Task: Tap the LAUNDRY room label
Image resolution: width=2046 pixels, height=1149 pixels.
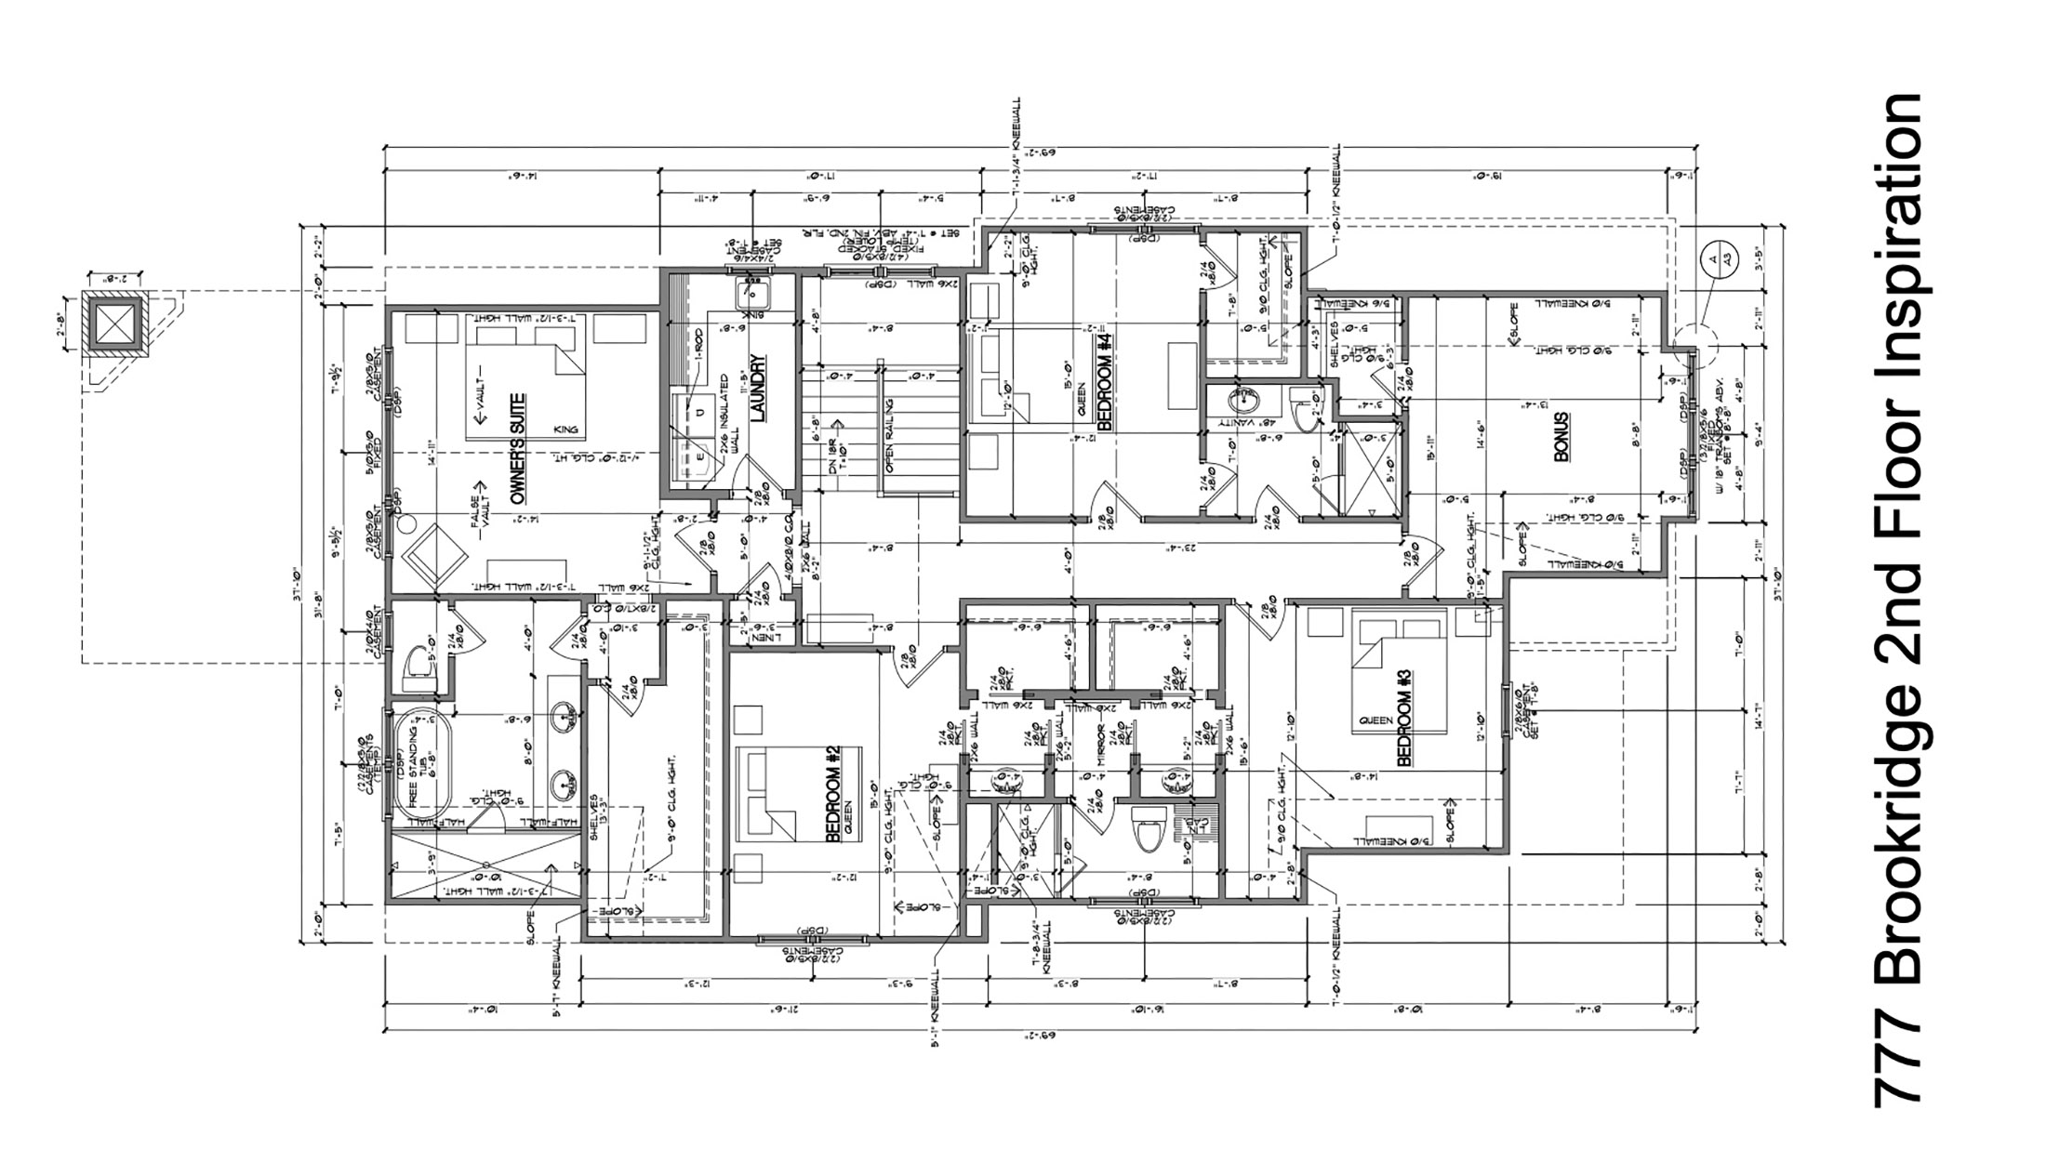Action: point(756,389)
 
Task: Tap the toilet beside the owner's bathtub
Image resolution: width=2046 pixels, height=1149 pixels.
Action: point(420,665)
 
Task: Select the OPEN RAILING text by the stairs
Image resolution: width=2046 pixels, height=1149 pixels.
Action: point(890,436)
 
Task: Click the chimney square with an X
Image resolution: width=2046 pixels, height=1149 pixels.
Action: point(115,324)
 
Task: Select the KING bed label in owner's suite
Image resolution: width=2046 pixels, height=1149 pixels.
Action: point(564,429)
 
